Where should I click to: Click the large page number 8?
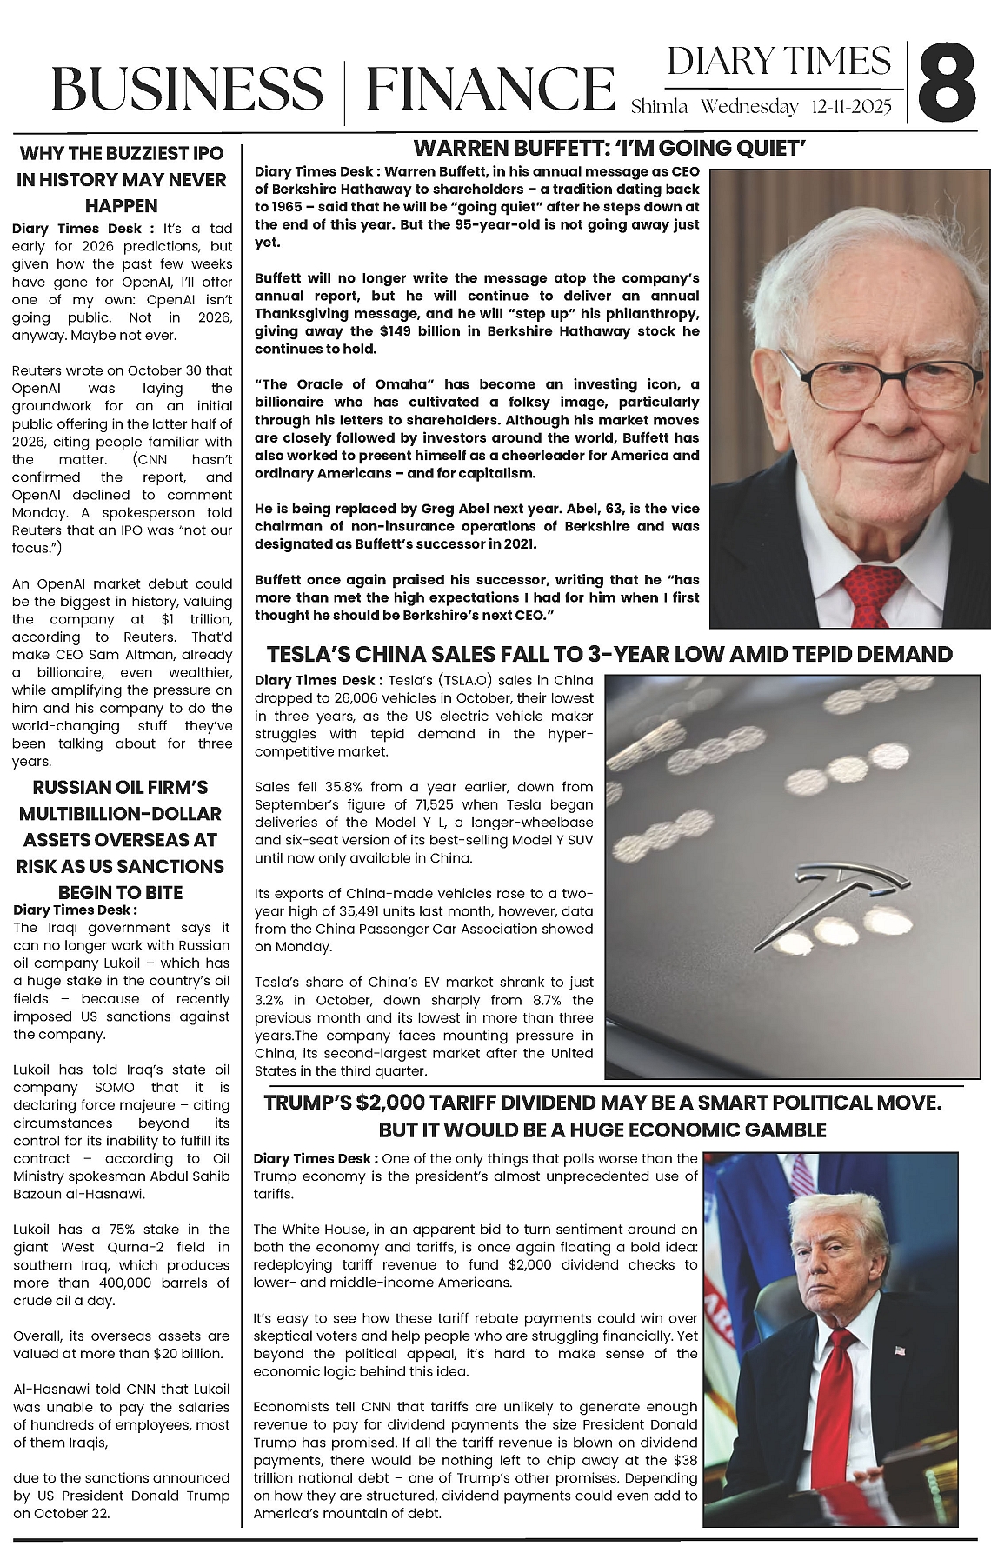coord(948,85)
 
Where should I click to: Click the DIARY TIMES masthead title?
coord(779,62)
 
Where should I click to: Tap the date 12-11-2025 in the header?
coord(851,107)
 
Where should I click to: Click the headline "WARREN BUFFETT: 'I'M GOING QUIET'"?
coord(609,148)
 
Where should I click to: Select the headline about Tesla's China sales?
coord(609,654)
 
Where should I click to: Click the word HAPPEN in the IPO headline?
coord(122,206)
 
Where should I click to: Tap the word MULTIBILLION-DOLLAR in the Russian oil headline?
coord(120,814)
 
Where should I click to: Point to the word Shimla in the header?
coord(659,107)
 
